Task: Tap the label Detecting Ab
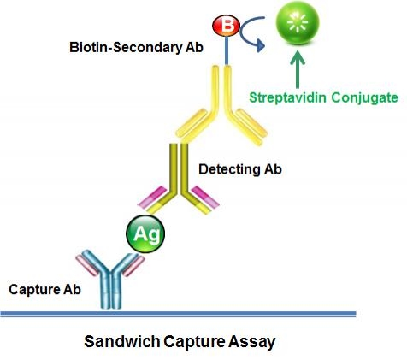[x=240, y=168]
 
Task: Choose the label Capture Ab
[x=44, y=290]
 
